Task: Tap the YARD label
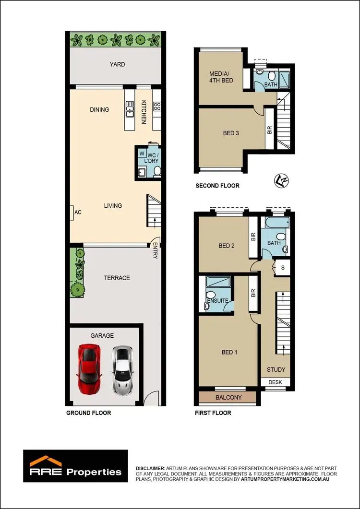pos(117,64)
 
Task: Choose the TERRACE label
pos(117,278)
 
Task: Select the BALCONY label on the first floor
pos(229,398)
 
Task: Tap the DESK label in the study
pos(276,382)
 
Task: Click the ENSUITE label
pos(217,301)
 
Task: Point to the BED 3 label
pos(231,133)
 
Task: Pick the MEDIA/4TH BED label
pos(221,77)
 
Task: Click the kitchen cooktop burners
pos(156,107)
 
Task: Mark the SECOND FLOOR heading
pos(217,186)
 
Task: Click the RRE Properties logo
pos(76,465)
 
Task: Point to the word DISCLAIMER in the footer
pos(150,467)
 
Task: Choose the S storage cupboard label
pos(283,267)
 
